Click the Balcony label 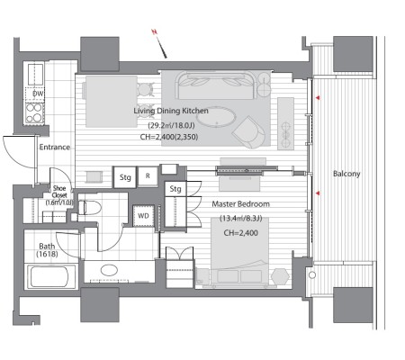pyautogui.click(x=346, y=174)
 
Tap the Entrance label pyautogui.click(x=55, y=147)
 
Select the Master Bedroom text pyautogui.click(x=240, y=204)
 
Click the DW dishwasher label pyautogui.click(x=38, y=94)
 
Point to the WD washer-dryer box pyautogui.click(x=143, y=216)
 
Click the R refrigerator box pyautogui.click(x=148, y=176)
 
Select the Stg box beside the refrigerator pyautogui.click(x=125, y=177)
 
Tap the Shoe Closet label pyautogui.click(x=59, y=192)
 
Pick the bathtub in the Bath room pyautogui.click(x=51, y=276)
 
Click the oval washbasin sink pyautogui.click(x=109, y=270)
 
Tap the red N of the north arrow pyautogui.click(x=155, y=31)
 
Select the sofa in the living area pyautogui.click(x=216, y=85)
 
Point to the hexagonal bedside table pyautogui.click(x=281, y=276)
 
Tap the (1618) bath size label pyautogui.click(x=47, y=255)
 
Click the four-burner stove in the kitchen pyautogui.click(x=34, y=112)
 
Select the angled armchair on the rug pyautogui.click(x=249, y=131)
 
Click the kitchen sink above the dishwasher pyautogui.click(x=35, y=74)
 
